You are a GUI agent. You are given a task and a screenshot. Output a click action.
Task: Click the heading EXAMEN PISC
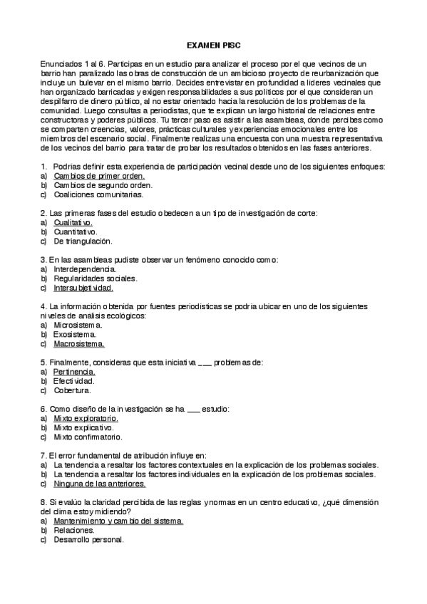(213, 44)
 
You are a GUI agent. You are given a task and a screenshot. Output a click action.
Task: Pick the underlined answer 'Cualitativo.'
(73, 222)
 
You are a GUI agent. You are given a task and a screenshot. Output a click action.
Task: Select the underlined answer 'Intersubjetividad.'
(83, 288)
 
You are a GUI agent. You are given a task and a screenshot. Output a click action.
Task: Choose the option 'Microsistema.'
(78, 325)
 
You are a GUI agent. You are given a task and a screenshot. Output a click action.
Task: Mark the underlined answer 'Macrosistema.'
(79, 343)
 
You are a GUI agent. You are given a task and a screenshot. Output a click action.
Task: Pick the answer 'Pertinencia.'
(74, 372)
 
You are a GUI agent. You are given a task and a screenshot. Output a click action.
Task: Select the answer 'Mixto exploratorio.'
(86, 419)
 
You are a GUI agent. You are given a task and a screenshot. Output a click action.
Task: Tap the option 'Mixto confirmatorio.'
(88, 437)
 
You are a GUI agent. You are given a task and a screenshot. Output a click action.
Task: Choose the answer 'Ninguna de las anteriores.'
(99, 484)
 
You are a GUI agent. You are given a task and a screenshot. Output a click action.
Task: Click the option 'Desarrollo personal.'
(88, 539)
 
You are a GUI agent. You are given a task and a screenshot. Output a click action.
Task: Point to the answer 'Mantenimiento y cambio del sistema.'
(118, 521)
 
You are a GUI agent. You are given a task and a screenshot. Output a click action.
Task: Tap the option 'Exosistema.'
(75, 334)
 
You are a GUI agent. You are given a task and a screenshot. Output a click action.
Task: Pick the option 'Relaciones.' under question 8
(74, 530)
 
